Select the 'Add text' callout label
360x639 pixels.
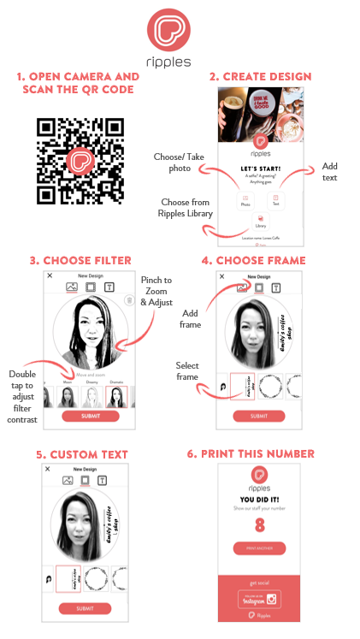coord(329,171)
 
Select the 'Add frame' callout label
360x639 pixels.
coord(189,319)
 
